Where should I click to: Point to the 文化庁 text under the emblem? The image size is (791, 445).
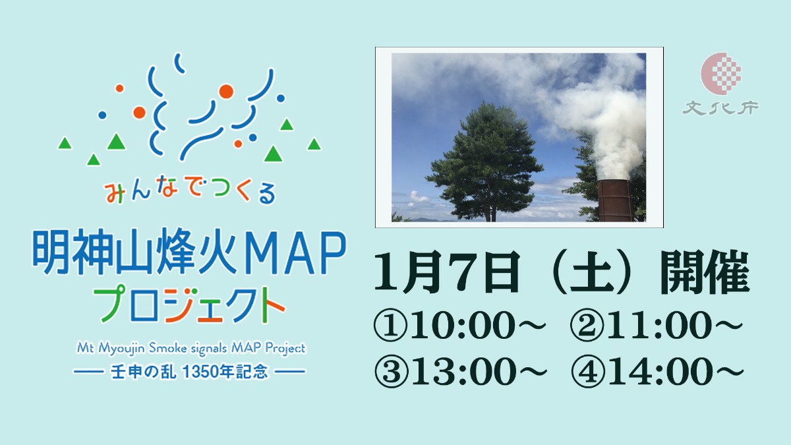pyautogui.click(x=720, y=107)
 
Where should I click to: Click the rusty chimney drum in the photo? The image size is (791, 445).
pyautogui.click(x=614, y=200)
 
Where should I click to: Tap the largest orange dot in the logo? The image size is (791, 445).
pyautogui.click(x=226, y=91)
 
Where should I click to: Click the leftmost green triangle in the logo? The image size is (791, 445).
pyautogui.click(x=65, y=143)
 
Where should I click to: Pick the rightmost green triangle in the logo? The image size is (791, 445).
pyautogui.click(x=314, y=144)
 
